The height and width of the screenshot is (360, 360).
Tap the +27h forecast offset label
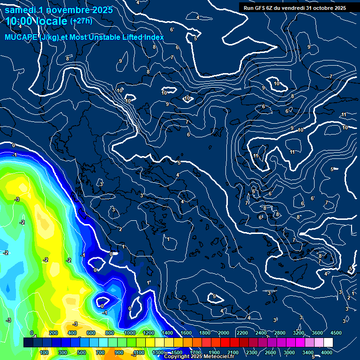pyautogui.click(x=81, y=21)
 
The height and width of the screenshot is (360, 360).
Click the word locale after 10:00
pyautogui.click(x=52, y=21)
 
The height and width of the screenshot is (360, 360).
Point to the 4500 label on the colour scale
pyautogui.click(x=336, y=333)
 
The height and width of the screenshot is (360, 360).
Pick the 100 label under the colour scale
pyautogui.click(x=45, y=352)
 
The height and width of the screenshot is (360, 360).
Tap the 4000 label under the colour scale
pyautogui.click(x=327, y=352)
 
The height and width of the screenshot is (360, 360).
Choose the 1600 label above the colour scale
pyautogui.click(x=186, y=333)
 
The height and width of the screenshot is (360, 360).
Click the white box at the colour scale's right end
pyautogui.click(x=328, y=343)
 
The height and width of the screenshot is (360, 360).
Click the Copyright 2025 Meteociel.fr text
pyautogui.click(x=199, y=357)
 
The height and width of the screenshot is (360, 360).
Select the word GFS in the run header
pyautogui.click(x=261, y=7)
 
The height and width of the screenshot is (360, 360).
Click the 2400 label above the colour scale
pyautogui.click(x=261, y=333)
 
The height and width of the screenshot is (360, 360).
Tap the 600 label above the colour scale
pyautogui.click(x=91, y=333)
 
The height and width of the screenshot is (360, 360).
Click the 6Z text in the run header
pyautogui.click(x=272, y=7)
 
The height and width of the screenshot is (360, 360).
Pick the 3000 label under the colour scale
pyautogui.click(x=289, y=352)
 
